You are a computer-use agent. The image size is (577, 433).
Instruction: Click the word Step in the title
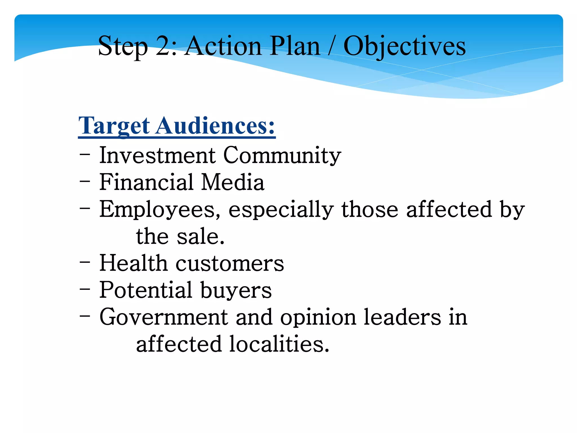123,47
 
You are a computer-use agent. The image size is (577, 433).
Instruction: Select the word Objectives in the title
405,47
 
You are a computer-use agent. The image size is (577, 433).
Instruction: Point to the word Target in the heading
114,126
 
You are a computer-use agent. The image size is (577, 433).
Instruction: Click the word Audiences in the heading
215,126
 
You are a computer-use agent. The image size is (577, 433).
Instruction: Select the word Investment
157,155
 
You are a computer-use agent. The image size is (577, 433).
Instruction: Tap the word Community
282,156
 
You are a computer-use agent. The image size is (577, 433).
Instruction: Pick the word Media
233,182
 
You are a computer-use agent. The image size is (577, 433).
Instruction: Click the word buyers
236,290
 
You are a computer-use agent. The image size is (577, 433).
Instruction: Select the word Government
164,317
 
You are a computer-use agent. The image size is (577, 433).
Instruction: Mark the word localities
279,344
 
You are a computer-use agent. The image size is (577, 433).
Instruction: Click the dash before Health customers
85,262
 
